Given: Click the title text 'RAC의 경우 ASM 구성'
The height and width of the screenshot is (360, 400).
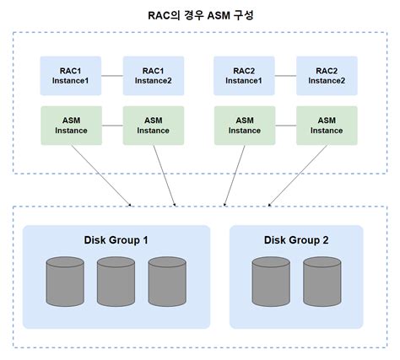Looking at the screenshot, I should point(200,14).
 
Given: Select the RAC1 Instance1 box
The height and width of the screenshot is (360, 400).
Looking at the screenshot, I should point(71,74).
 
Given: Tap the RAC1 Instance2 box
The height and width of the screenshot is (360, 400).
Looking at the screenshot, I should point(153,74).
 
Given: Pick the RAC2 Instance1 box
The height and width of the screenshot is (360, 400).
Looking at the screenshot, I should point(243,74).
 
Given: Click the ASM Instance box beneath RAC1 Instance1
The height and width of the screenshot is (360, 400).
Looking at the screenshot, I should point(71,125).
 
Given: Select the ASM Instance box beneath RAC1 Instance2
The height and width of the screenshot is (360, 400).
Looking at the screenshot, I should point(153,125).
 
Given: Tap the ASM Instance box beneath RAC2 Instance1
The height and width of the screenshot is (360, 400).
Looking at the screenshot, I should point(243,125).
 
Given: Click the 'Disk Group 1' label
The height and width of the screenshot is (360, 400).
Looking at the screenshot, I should point(116,240).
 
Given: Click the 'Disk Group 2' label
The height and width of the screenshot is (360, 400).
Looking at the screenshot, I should point(296,240).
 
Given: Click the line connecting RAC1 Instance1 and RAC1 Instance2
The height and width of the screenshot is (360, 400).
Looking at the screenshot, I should point(112,74).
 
